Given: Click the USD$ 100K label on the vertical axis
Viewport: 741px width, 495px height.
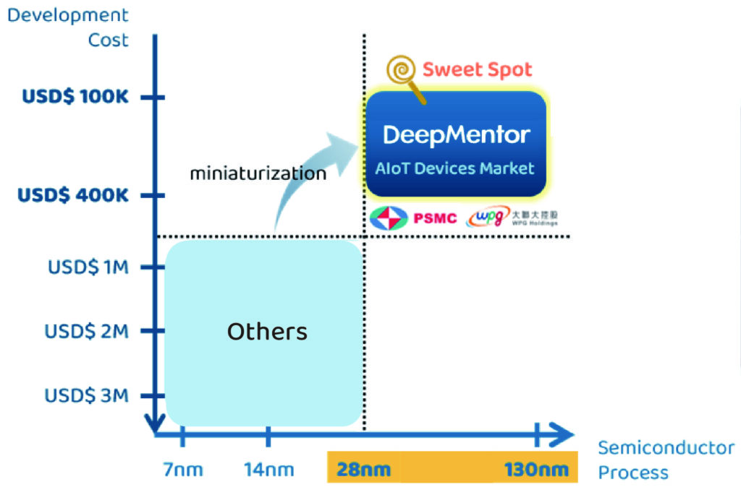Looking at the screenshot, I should coord(75,96).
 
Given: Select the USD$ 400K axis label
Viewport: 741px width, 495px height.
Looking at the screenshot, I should coord(72,195).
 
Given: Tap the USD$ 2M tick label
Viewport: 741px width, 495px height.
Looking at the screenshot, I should coord(86,331).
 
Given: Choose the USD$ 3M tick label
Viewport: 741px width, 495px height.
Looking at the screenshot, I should coord(86,395).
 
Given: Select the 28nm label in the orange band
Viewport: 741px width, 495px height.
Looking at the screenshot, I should coord(363,470).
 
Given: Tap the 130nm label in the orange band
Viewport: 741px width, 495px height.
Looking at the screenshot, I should coord(536,470).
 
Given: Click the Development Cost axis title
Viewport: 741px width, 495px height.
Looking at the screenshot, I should coord(68,27).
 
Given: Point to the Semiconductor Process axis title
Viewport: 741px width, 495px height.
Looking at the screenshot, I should coord(664,460).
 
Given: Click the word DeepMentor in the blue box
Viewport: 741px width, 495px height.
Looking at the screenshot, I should coord(456,134).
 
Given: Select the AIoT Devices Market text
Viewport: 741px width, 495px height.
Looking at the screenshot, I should coord(454,168).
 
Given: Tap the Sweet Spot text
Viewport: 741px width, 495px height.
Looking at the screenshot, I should coord(477,69).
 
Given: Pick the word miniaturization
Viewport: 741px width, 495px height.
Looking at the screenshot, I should coord(258,173).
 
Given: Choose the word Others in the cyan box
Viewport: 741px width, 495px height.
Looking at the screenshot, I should coord(267,332).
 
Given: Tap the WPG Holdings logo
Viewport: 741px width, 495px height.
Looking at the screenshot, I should coord(512,217).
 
